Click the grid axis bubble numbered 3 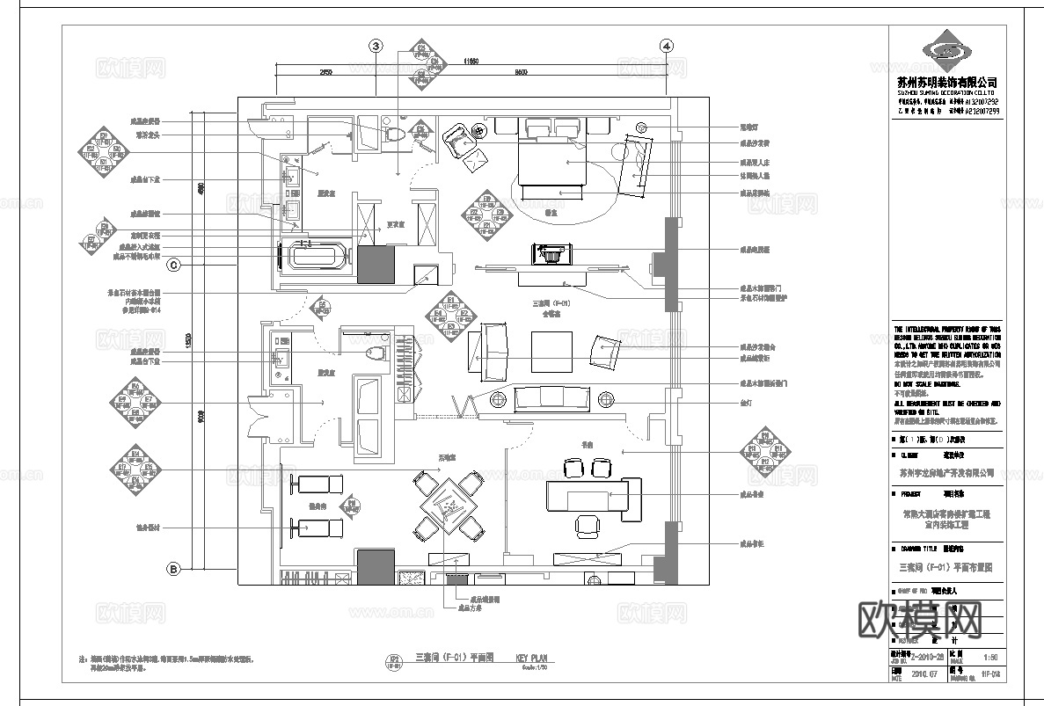(376, 46)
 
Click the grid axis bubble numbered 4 (667, 46)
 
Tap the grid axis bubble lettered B (173, 570)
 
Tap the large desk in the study (595, 494)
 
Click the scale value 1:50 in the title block (990, 657)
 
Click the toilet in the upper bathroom (393, 135)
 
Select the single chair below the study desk (586, 525)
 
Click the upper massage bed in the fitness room (318, 484)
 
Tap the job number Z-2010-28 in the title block (927, 657)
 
